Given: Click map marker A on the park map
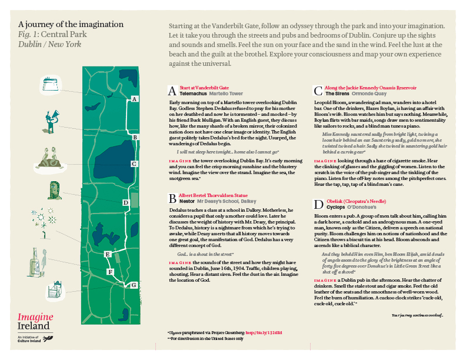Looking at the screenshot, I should pos(135,99).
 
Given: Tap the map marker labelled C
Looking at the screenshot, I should pos(135,164).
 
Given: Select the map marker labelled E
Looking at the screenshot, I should pos(107,254).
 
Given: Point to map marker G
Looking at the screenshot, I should pos(134,285).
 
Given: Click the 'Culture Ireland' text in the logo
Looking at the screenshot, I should pos(34,341).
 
